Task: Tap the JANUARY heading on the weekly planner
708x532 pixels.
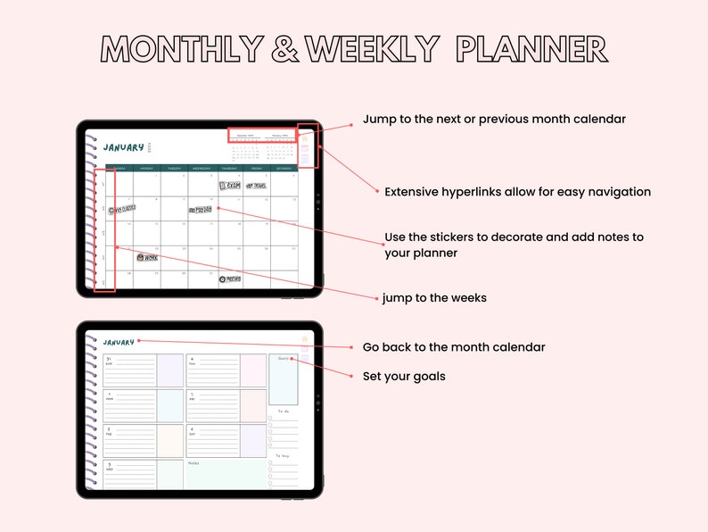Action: pyautogui.click(x=119, y=342)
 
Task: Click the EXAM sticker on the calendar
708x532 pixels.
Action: pyautogui.click(x=229, y=186)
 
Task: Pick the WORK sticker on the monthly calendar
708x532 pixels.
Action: pyautogui.click(x=146, y=257)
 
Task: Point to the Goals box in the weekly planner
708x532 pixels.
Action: pyautogui.click(x=284, y=379)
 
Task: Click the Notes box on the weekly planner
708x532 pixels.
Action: pyautogui.click(x=226, y=475)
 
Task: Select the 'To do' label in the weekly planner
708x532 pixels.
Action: pyautogui.click(x=283, y=411)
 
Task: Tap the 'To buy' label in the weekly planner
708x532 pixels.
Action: pyautogui.click(x=283, y=456)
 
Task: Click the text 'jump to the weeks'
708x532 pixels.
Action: pyautogui.click(x=434, y=298)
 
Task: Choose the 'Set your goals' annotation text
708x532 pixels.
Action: pyautogui.click(x=403, y=377)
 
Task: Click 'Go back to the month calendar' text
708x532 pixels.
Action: pyautogui.click(x=453, y=347)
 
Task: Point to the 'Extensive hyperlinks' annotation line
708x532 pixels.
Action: pyautogui.click(x=517, y=192)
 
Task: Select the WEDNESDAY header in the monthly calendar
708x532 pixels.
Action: pyautogui.click(x=202, y=168)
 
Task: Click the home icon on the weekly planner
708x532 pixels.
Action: pyautogui.click(x=305, y=338)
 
